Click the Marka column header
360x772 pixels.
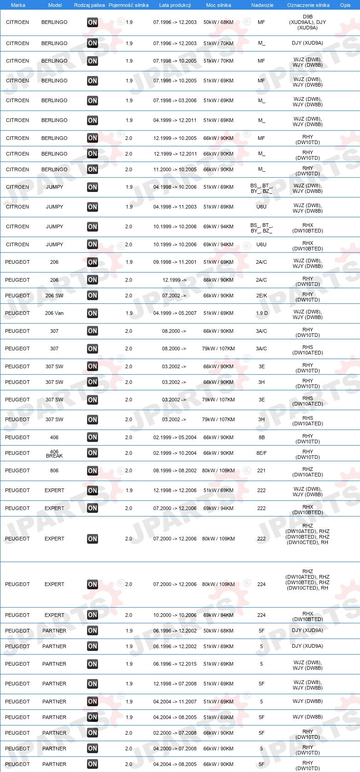click(x=18, y=5)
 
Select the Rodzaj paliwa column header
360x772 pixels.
click(x=89, y=5)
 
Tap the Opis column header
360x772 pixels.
click(x=345, y=5)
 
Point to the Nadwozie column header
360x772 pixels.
click(x=262, y=5)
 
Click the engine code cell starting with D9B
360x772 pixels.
click(x=308, y=22)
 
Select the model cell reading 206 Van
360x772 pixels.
click(x=54, y=313)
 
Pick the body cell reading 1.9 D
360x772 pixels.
click(x=261, y=313)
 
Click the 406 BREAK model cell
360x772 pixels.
click(x=54, y=453)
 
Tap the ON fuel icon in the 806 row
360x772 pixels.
click(x=93, y=470)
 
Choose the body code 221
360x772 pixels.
click(x=261, y=470)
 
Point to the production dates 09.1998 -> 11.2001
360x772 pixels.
click(x=175, y=262)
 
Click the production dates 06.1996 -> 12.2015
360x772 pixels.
click(x=175, y=664)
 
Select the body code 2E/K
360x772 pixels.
click(x=261, y=296)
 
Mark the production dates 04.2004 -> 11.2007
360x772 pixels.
click(x=175, y=702)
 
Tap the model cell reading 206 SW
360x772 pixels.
click(x=54, y=296)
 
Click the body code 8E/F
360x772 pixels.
click(x=261, y=453)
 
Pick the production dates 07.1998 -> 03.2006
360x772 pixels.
click(x=175, y=100)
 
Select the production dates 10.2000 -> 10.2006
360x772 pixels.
click(x=175, y=615)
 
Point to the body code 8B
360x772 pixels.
click(x=261, y=437)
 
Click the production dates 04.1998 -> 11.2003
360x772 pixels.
click(x=175, y=207)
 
